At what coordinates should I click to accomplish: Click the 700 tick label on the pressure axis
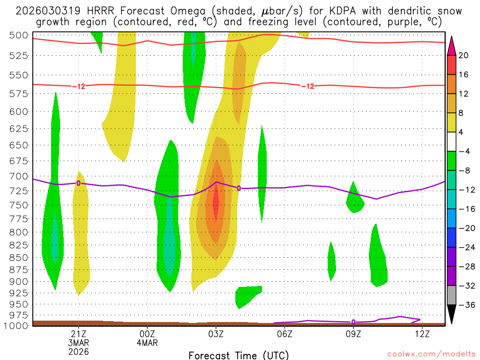pos(19,176)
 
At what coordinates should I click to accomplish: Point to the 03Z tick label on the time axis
pos(216,334)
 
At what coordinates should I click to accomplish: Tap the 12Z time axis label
pos(422,334)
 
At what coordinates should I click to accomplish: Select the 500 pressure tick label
pos(19,35)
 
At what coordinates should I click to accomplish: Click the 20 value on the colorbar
pos(464,55)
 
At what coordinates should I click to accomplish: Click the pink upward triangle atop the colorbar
pos(452,46)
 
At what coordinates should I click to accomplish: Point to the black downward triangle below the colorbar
pos(452,314)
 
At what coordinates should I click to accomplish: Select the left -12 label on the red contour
pos(79,86)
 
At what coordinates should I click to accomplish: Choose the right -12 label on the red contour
pos(307,86)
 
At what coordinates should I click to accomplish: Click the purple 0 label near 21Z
pos(79,183)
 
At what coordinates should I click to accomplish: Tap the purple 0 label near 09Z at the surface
pos(353,322)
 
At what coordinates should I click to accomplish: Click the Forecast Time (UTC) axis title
pos(239,355)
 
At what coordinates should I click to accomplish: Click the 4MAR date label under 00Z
pos(147,343)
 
